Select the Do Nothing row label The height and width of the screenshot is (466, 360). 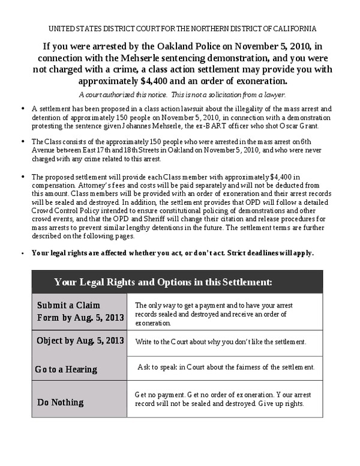pyautogui.click(x=60, y=402)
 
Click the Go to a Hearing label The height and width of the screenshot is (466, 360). pyautogui.click(x=66, y=369)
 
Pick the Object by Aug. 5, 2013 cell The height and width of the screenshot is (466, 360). pyautogui.click(x=80, y=340)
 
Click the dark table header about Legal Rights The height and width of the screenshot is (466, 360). pyautogui.click(x=163, y=282)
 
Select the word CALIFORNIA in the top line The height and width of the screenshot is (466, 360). pyautogui.click(x=293, y=28)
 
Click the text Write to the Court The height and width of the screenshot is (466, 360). pyautogui.click(x=163, y=342)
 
